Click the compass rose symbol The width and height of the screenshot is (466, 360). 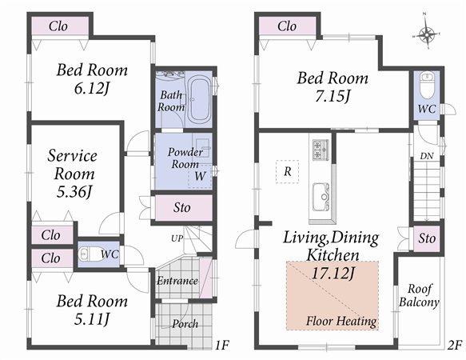(x=428, y=34)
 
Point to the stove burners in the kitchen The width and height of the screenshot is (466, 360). (x=321, y=150)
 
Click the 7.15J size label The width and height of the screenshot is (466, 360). (x=333, y=96)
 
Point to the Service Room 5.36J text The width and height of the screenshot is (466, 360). (x=72, y=173)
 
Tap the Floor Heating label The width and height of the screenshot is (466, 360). (x=341, y=322)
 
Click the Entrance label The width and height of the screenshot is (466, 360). (x=177, y=281)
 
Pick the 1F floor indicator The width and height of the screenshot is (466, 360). (x=221, y=345)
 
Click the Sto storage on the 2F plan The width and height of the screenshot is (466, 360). (x=427, y=238)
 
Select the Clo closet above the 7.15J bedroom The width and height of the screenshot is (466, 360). (x=287, y=26)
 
